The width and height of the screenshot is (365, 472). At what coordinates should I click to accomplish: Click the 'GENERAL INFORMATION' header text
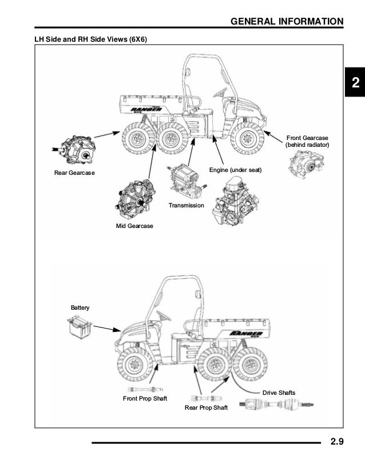(x=287, y=22)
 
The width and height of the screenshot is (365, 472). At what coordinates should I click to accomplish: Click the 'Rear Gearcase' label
(x=74, y=173)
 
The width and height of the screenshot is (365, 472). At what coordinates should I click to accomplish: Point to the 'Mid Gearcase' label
(x=134, y=226)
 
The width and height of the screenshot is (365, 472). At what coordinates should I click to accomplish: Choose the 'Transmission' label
(x=186, y=205)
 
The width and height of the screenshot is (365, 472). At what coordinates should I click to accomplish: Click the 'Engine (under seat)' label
(x=235, y=170)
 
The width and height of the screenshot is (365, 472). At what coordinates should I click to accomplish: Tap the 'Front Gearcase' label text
(x=308, y=138)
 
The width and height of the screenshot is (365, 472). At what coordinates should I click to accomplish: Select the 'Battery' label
(x=80, y=307)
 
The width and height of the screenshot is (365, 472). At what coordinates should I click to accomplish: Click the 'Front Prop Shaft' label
(x=145, y=398)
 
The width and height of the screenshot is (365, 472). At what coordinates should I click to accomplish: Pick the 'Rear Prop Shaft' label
(x=206, y=407)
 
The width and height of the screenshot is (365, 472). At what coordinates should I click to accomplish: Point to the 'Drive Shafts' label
(x=279, y=393)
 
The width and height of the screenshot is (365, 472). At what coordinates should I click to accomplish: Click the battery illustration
(x=79, y=327)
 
